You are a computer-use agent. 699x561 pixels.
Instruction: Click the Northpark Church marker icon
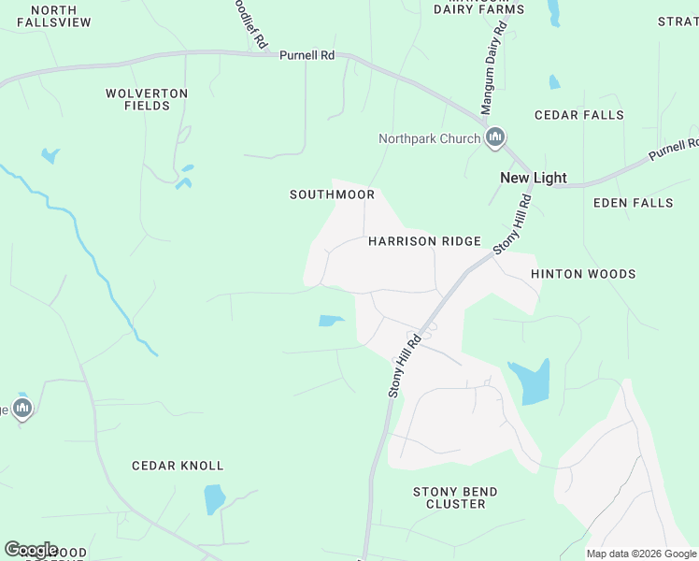pyautogui.click(x=495, y=139)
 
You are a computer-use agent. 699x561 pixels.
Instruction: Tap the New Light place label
pyautogui.click(x=534, y=178)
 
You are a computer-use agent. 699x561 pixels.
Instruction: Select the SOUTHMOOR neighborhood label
pyautogui.click(x=332, y=194)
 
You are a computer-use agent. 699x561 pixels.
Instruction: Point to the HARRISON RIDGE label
pyautogui.click(x=424, y=241)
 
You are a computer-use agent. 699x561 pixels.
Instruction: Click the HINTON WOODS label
pyautogui.click(x=583, y=274)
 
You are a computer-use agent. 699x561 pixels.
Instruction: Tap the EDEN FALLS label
pyautogui.click(x=633, y=202)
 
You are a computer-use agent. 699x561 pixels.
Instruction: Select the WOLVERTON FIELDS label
pyautogui.click(x=147, y=100)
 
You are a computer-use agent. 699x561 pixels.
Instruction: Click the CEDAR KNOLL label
pyautogui.click(x=178, y=466)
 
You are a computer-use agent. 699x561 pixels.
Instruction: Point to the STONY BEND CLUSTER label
pyautogui.click(x=455, y=497)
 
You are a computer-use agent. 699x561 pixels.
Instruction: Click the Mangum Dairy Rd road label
pyautogui.click(x=493, y=70)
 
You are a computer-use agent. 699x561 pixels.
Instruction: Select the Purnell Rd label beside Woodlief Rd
pyautogui.click(x=307, y=56)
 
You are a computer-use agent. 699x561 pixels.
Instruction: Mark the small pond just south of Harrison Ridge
pyautogui.click(x=331, y=321)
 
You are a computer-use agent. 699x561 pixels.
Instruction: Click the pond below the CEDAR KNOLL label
pyautogui.click(x=215, y=499)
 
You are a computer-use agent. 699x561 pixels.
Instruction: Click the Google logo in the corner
pyautogui.click(x=31, y=549)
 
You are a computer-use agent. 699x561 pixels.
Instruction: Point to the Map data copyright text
pyautogui.click(x=641, y=554)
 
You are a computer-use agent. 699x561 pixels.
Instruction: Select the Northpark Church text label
pyautogui.click(x=430, y=139)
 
